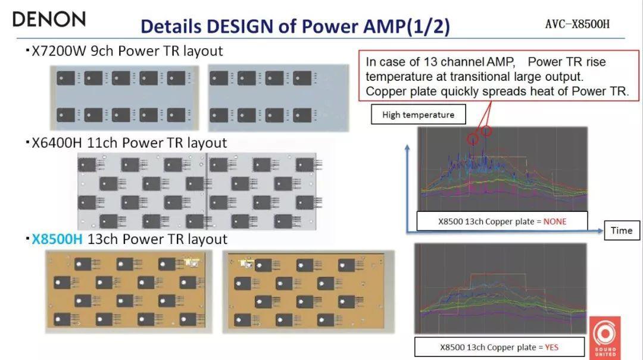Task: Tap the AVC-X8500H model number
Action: tap(577, 24)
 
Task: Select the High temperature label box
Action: tap(418, 115)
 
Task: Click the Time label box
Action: tap(621, 230)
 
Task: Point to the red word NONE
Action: tap(555, 221)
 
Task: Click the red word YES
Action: tap(551, 347)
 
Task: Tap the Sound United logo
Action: tap(606, 337)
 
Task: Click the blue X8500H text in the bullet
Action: tap(57, 239)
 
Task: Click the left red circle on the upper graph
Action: tap(472, 139)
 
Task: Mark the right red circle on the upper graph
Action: tap(486, 131)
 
